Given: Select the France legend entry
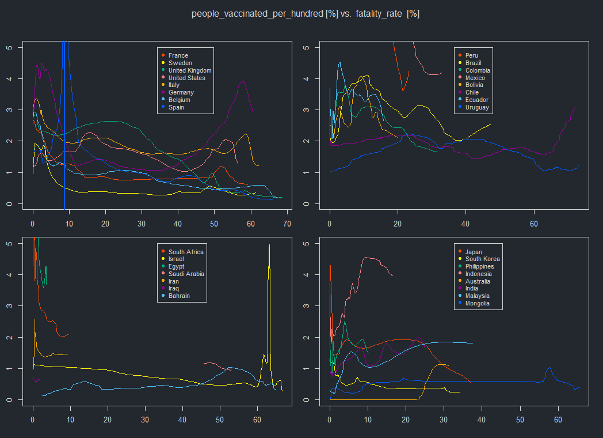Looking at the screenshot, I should point(178,56).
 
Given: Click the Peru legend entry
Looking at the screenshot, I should point(471,56).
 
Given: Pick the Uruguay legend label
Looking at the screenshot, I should point(477,107).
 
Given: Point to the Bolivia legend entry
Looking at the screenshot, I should point(475,85).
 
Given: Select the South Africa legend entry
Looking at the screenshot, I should point(186,252).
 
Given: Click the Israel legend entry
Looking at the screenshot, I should point(176,259).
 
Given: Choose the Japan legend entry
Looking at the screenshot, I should point(474,252).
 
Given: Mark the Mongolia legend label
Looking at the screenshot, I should point(478,303).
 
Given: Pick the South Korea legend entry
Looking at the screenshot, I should point(482,259).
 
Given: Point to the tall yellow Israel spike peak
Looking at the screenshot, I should point(269,246).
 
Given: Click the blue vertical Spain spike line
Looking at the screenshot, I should point(64,144).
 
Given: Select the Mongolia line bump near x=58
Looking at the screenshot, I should point(549,367).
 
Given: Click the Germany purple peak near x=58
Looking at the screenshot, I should point(243,81).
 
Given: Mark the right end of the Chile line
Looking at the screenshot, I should point(575,105).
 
